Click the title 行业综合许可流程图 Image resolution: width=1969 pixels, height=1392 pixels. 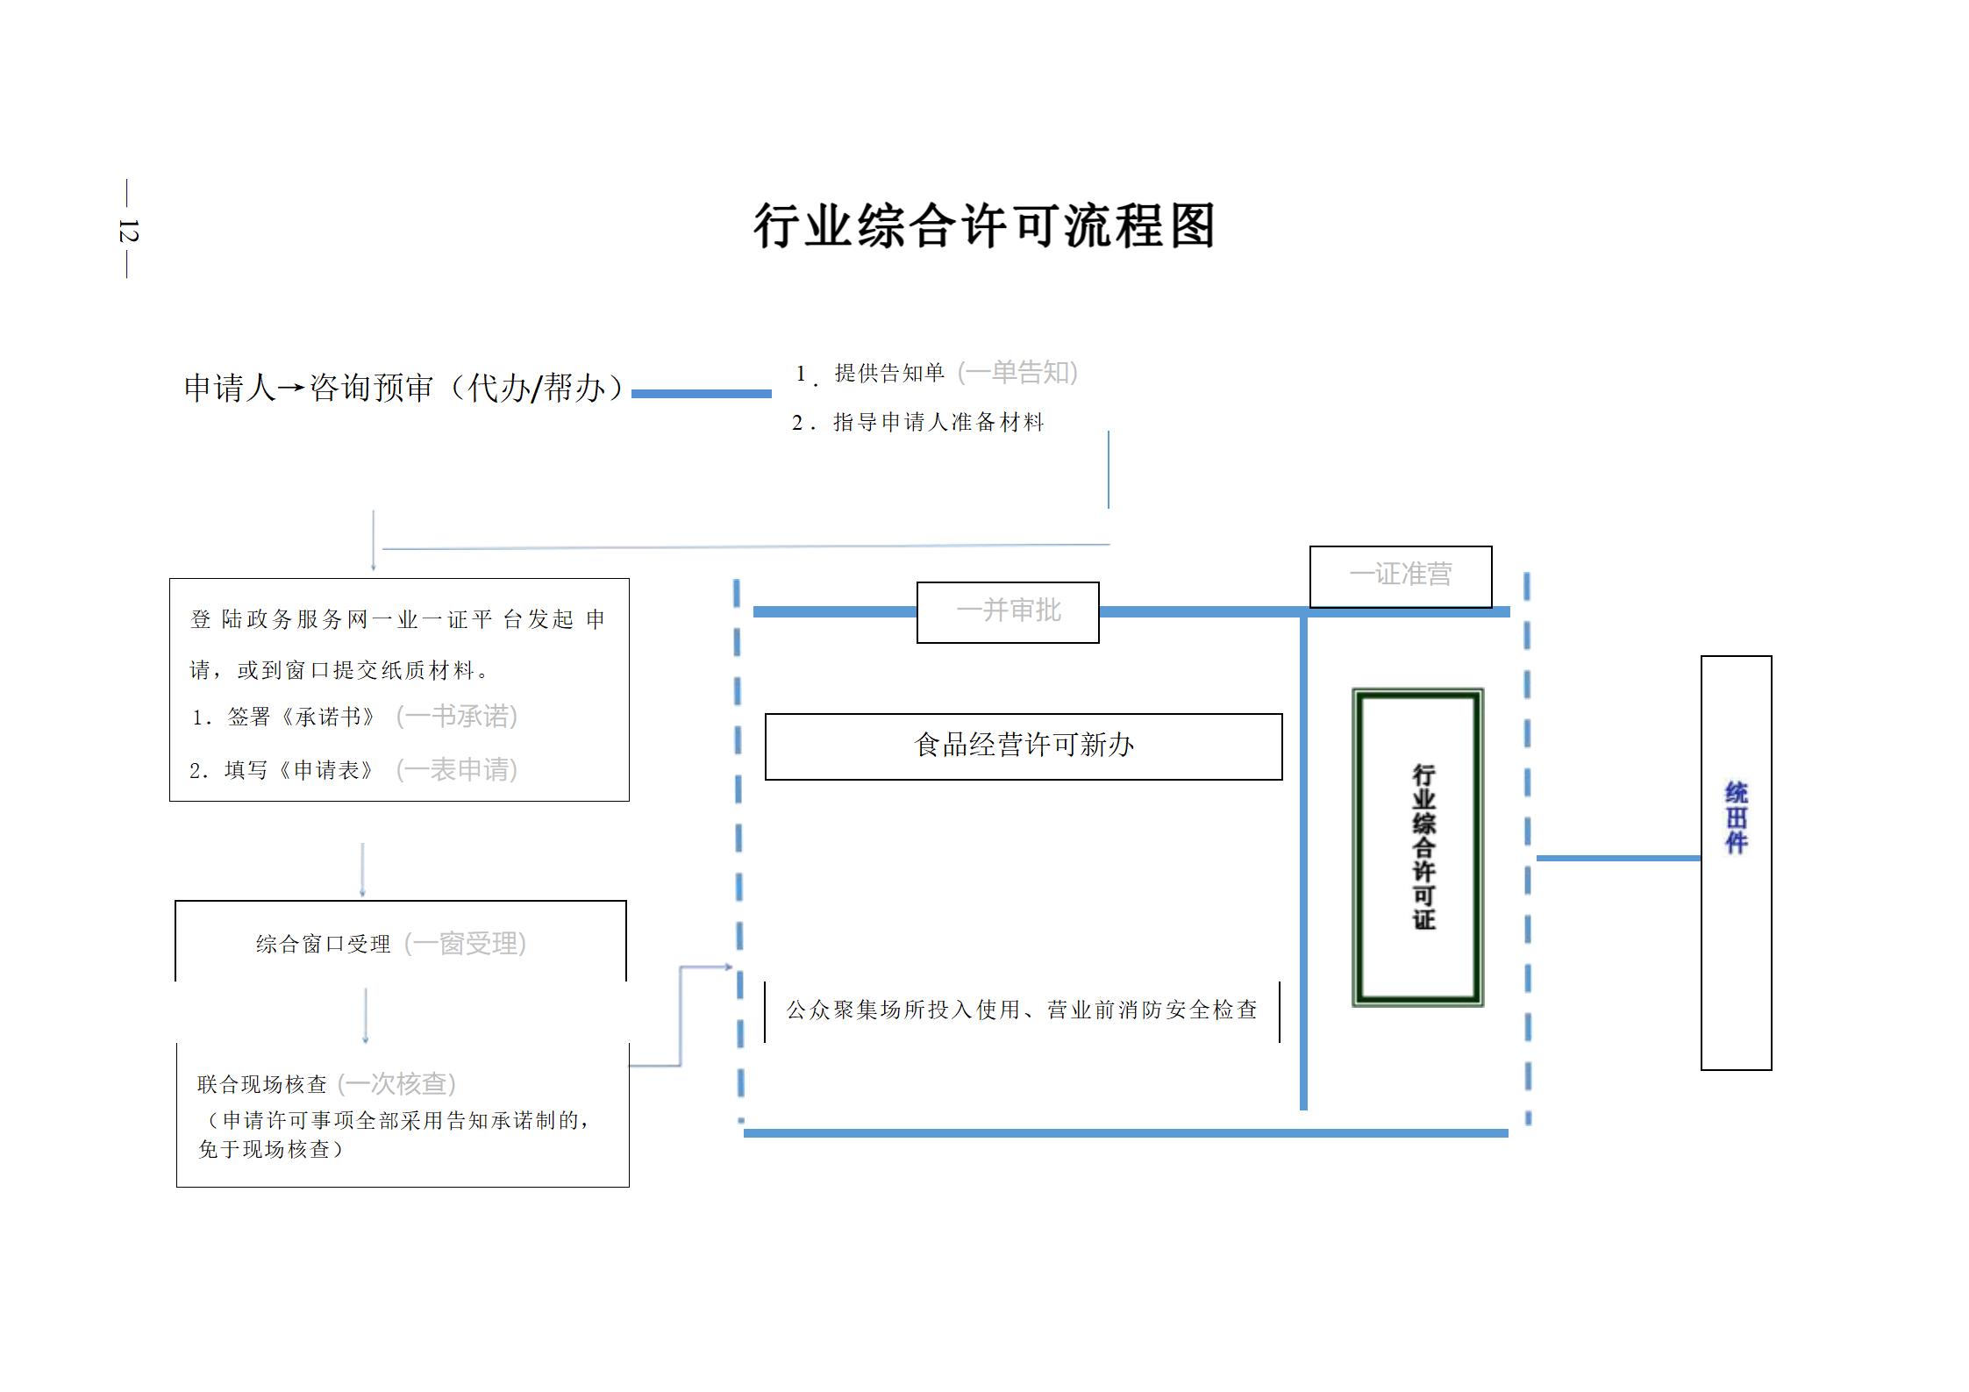coord(983,226)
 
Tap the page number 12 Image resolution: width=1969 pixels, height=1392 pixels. coord(128,231)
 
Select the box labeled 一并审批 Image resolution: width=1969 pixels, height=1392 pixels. coord(1008,611)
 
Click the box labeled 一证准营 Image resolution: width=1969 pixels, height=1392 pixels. coord(1400,575)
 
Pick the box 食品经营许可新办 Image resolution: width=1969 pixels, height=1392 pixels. coord(1024,746)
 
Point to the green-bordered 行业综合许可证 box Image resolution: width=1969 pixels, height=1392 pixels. coord(1418,846)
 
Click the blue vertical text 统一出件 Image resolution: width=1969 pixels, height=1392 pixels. coord(1736,817)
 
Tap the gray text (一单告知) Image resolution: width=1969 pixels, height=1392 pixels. coord(1017,373)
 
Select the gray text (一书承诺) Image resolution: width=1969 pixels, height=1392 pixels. coord(457,717)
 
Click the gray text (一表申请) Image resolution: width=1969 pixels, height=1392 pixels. coord(457,770)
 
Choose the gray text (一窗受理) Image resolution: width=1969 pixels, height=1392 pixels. coord(465,944)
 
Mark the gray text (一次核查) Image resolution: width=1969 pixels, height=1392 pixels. coord(396,1084)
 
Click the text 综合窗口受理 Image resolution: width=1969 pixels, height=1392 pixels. coord(324,945)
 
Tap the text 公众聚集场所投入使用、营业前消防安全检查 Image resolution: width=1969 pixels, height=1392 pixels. coord(1022,1010)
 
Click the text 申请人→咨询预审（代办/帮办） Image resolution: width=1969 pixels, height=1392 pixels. coord(403,388)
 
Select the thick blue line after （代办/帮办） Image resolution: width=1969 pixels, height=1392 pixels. coord(701,394)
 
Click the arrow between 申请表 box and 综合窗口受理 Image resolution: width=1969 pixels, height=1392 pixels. coord(362,870)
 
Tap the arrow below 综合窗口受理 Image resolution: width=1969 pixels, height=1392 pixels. coord(365,1016)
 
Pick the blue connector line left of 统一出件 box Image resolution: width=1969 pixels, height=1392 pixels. coord(1618,858)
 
